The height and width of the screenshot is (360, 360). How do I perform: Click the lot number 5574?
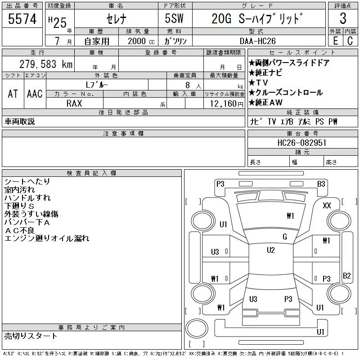(x=22, y=19)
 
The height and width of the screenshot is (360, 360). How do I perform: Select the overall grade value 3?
(x=343, y=18)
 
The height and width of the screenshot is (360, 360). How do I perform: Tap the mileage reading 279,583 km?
(x=46, y=64)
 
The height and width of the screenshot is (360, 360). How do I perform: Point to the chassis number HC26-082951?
(x=301, y=143)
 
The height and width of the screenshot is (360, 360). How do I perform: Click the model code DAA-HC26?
(x=257, y=41)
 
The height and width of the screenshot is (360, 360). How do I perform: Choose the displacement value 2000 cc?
(x=141, y=41)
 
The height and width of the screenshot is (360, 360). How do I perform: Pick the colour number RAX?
(x=74, y=103)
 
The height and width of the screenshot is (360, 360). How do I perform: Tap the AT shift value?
(x=13, y=94)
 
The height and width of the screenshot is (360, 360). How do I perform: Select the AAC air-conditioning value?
(x=35, y=94)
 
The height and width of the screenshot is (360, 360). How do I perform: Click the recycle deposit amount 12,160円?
(x=226, y=104)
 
